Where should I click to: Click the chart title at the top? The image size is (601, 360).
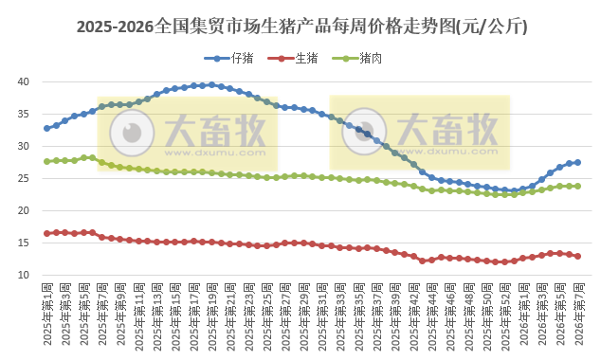click(300, 27)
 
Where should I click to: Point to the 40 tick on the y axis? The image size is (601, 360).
click(27, 81)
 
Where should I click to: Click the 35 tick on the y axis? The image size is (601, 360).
click(27, 114)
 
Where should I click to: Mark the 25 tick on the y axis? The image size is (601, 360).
click(27, 178)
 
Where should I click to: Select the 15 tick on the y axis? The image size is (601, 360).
click(27, 243)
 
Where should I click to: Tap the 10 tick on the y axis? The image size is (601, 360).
click(27, 276)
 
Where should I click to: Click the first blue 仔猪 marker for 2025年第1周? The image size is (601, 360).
click(47, 128)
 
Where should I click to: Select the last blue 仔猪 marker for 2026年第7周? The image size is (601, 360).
click(578, 162)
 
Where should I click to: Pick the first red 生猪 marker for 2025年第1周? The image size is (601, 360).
click(47, 233)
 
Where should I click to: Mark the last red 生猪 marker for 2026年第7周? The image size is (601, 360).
click(578, 256)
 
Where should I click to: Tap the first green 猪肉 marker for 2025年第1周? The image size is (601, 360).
click(47, 161)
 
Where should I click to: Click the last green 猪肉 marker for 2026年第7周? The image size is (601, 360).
click(578, 186)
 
